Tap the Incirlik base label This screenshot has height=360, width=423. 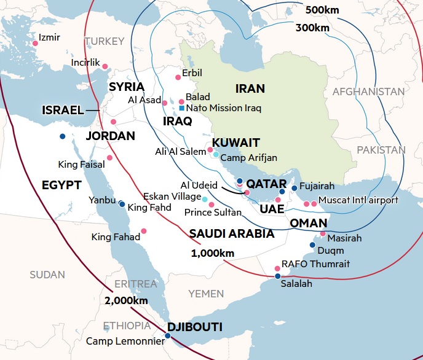pyautogui.click(x=85, y=63)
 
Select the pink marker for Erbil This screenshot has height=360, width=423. pyautogui.click(x=178, y=77)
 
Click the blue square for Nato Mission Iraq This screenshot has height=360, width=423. pyautogui.click(x=181, y=108)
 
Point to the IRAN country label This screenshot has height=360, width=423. pyautogui.click(x=250, y=88)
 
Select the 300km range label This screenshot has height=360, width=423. pyautogui.click(x=312, y=27)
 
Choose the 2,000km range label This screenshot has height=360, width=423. pyautogui.click(x=126, y=300)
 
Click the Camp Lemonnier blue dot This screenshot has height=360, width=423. pyautogui.click(x=168, y=335)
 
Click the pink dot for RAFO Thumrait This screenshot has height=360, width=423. pyautogui.click(x=277, y=269)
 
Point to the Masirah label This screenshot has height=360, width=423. pyautogui.click(x=344, y=238)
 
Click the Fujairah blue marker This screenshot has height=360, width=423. pyautogui.click(x=295, y=188)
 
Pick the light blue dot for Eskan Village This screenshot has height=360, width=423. pyautogui.click(x=205, y=198)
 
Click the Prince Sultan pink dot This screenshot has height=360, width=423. pyautogui.click(x=211, y=205)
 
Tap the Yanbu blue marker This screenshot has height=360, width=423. pyautogui.click(x=122, y=204)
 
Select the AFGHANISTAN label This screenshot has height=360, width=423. pyautogui.click(x=368, y=92)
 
